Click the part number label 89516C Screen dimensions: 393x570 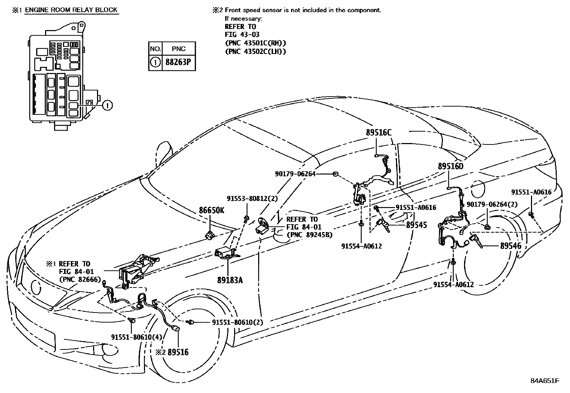[378, 133]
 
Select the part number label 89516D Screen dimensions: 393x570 [450, 166]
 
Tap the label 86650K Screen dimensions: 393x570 [211, 210]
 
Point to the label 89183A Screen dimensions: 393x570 [230, 280]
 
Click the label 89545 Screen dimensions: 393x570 [416, 225]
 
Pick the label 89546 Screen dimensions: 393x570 [511, 246]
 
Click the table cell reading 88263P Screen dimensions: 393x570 [178, 62]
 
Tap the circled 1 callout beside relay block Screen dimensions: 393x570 [107, 105]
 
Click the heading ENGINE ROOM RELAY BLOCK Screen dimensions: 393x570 [71, 10]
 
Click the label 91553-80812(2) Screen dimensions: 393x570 [252, 198]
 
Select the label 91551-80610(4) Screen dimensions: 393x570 [132, 337]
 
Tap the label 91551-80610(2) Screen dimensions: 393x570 [237, 322]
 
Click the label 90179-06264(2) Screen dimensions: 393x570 [492, 204]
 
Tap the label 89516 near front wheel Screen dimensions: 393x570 [178, 352]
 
